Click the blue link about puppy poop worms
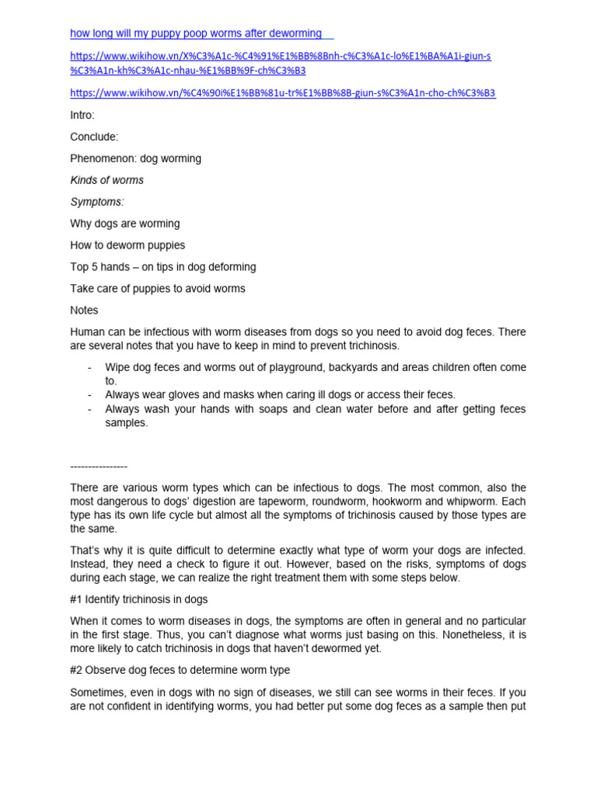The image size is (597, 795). (x=196, y=33)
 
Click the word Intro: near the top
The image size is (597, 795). (x=82, y=115)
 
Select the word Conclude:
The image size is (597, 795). (x=94, y=137)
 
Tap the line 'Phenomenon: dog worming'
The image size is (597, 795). (x=135, y=158)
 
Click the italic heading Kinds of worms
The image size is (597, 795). (x=106, y=180)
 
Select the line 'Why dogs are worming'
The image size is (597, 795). (x=124, y=224)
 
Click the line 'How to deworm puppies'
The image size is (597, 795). (x=127, y=245)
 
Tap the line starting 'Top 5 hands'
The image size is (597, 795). (x=162, y=267)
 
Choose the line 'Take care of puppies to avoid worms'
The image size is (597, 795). (x=157, y=289)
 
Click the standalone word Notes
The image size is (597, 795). (x=84, y=311)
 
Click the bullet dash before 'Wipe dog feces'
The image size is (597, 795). (x=91, y=367)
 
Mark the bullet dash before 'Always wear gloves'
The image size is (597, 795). (x=91, y=395)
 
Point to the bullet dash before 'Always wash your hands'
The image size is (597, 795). (x=91, y=409)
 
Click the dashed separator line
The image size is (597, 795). (x=98, y=466)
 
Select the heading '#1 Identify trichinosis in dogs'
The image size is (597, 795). (x=138, y=599)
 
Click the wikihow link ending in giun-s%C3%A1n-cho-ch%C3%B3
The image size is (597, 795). (x=282, y=93)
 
